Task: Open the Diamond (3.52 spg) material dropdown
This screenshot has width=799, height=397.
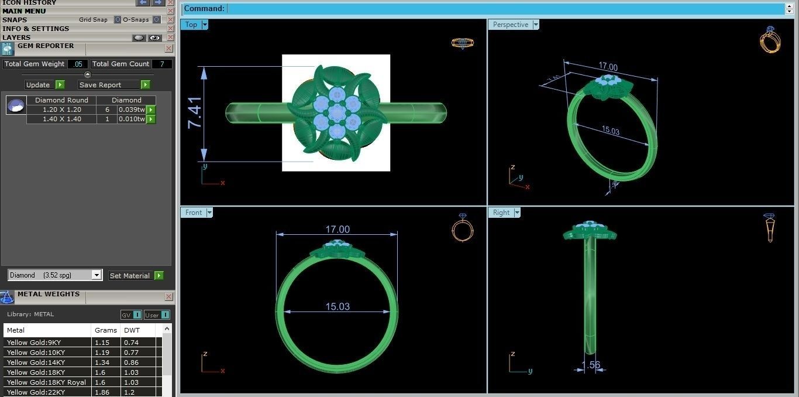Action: coord(97,275)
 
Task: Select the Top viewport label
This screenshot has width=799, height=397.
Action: coord(191,25)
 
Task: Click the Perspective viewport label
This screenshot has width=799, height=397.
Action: coord(510,25)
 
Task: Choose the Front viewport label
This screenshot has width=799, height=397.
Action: coord(194,213)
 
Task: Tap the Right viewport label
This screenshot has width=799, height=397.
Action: coord(501,213)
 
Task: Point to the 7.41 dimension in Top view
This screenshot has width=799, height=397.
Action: coord(194,112)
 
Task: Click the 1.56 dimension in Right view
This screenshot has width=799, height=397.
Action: coord(590,365)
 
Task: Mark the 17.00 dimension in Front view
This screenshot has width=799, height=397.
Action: coord(337,230)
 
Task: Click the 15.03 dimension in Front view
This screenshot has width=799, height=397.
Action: coord(337,306)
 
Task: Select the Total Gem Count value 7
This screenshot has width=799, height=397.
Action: coord(162,64)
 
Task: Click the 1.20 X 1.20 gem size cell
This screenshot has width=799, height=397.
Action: coord(61,109)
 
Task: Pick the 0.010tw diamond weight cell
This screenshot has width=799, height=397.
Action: coord(131,119)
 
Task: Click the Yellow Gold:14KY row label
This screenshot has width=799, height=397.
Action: coord(36,362)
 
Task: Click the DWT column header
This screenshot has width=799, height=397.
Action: coord(132,330)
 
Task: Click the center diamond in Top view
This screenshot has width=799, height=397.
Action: coord(336,112)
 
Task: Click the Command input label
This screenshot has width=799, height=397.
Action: coord(204,9)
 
